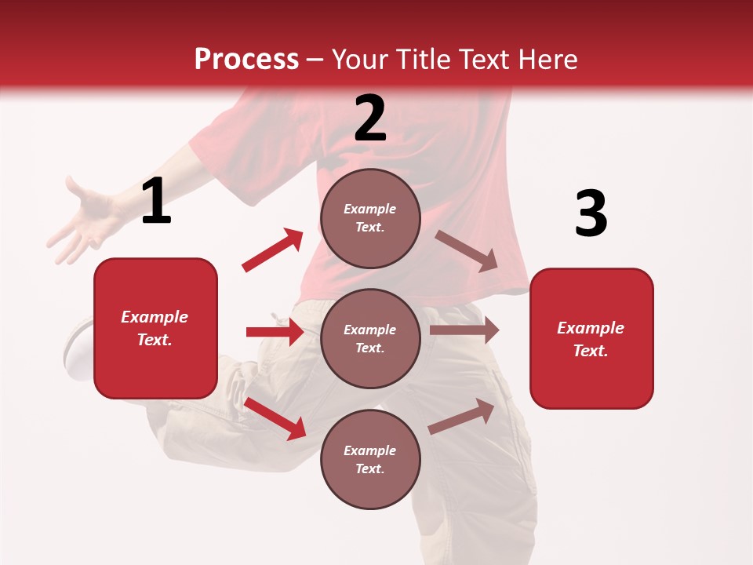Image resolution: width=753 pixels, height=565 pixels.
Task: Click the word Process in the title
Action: click(x=246, y=59)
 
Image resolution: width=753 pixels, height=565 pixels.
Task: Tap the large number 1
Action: click(x=156, y=202)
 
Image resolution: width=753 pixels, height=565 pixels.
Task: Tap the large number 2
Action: click(x=370, y=118)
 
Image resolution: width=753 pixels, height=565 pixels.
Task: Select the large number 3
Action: click(x=591, y=214)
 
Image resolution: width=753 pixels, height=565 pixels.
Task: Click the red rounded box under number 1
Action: click(x=155, y=328)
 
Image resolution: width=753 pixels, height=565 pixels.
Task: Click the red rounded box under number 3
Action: click(x=591, y=338)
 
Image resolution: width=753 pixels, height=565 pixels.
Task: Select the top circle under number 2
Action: click(x=370, y=218)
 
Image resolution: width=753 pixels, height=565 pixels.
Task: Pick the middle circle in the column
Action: click(x=370, y=338)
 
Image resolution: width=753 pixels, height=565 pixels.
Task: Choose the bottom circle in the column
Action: click(x=370, y=459)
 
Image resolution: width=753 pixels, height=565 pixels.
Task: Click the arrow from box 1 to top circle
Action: click(x=273, y=250)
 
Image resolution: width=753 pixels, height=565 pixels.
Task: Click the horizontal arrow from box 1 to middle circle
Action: click(x=275, y=332)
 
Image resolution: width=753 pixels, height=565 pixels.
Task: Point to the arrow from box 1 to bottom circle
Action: click(x=275, y=418)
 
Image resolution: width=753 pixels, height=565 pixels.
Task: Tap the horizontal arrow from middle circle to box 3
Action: click(x=464, y=330)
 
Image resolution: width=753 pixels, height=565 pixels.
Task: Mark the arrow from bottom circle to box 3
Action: click(x=461, y=417)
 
